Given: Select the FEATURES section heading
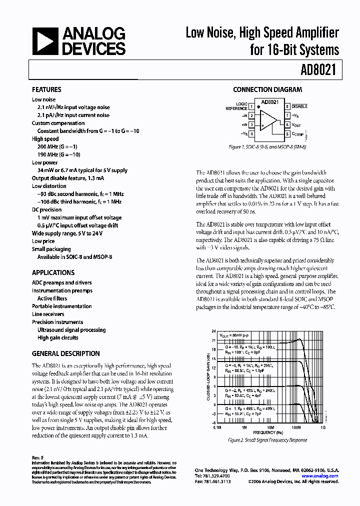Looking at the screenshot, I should pos(46,90).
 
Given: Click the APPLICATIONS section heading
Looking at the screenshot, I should pos(53,273).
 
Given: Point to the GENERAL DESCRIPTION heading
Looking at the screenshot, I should pos(65,353).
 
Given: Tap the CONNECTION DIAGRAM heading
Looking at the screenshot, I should pos(267,90).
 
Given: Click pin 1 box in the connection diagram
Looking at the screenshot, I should pos(251,106).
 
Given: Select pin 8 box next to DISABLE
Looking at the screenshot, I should pos(287,106).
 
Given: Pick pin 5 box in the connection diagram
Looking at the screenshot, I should pos(287,134).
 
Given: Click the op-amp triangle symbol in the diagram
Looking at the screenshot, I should pos(269,120).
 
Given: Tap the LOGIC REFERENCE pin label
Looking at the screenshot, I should pos(236,106).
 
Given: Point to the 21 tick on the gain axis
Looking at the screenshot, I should pos(213,340).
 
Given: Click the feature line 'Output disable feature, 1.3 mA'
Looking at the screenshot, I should pos(68,178).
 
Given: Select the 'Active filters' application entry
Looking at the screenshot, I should pos(52,298).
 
